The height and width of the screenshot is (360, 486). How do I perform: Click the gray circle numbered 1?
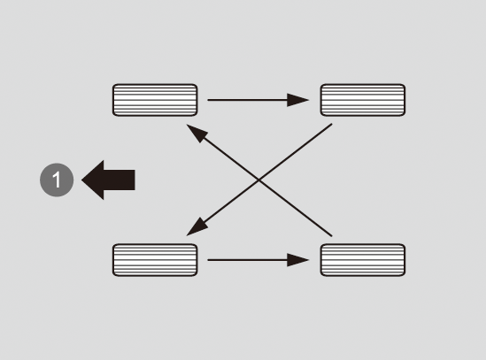(x=57, y=180)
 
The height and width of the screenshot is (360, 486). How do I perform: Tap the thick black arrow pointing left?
(x=108, y=180)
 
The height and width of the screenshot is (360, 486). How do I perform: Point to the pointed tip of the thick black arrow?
(x=81, y=180)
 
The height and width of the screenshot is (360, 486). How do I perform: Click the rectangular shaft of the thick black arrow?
(x=120, y=180)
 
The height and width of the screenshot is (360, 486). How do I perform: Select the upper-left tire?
(x=155, y=100)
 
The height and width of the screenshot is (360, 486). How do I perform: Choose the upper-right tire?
(x=363, y=100)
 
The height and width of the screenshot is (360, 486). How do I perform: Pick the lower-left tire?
(x=155, y=260)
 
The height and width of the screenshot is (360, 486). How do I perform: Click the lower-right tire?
(x=363, y=260)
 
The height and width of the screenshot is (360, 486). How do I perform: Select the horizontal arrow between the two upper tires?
(x=258, y=100)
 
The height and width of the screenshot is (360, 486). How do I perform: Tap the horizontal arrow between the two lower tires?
(x=258, y=260)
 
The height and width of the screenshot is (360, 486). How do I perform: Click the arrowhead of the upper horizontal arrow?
(x=297, y=100)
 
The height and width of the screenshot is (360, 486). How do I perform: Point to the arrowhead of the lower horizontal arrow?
(x=297, y=260)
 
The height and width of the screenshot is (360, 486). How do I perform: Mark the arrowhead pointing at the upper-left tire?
(x=197, y=132)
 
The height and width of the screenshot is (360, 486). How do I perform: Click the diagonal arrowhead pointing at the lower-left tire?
(x=197, y=228)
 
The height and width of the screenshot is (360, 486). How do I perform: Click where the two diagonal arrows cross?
(x=259, y=180)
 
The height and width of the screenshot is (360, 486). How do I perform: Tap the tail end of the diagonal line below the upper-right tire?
(x=332, y=124)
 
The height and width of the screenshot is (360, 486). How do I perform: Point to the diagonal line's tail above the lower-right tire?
(x=332, y=236)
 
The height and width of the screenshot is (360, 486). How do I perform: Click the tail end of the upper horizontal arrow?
(x=208, y=100)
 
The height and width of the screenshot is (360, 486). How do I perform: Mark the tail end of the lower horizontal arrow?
(x=208, y=260)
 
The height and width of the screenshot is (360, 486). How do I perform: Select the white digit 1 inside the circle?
(x=57, y=180)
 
